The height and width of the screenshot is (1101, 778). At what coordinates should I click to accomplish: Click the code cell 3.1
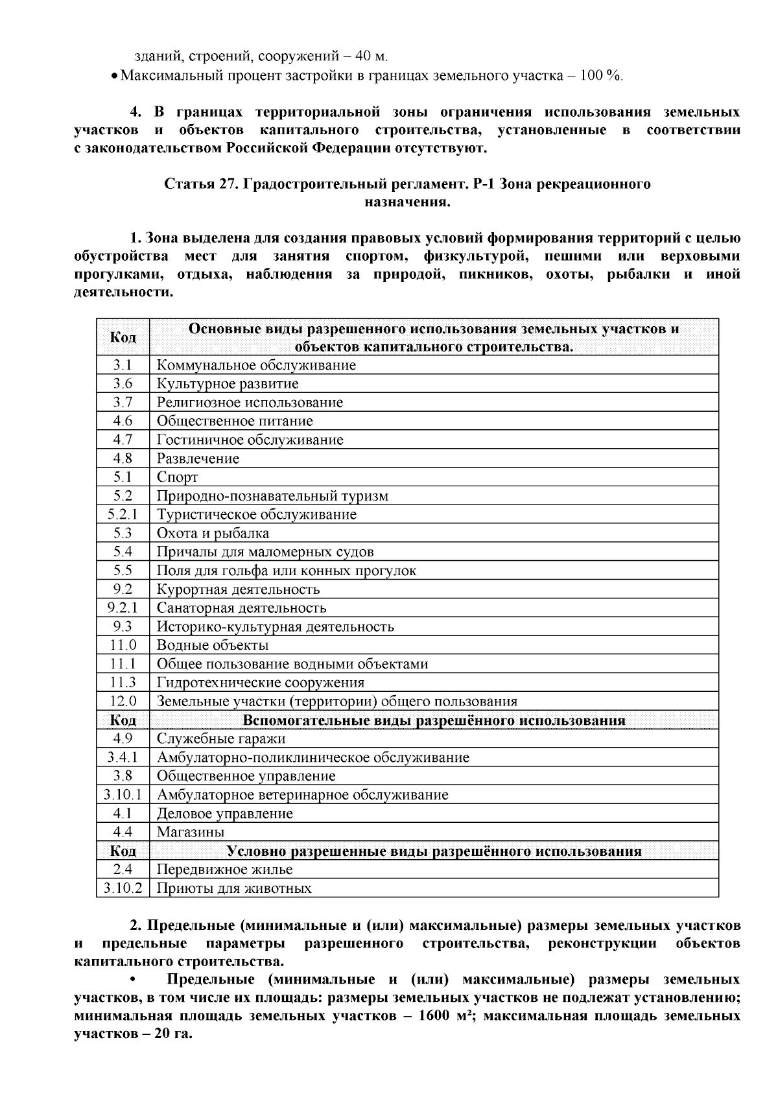(123, 365)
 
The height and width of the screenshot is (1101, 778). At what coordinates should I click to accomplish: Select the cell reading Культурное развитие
(228, 384)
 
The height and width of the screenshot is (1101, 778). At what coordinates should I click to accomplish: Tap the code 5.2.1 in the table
(123, 515)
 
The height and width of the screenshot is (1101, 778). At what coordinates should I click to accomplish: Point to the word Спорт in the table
(177, 477)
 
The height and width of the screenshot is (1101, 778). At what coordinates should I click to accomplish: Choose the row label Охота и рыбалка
(213, 534)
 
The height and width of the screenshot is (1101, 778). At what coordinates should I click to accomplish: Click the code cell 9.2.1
(123, 608)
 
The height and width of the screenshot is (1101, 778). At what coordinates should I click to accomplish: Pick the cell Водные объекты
(213, 645)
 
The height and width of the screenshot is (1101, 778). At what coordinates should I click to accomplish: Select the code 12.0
(123, 701)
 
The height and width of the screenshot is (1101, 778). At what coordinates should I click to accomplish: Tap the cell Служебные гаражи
(221, 739)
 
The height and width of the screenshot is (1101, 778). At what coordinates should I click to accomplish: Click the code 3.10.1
(123, 795)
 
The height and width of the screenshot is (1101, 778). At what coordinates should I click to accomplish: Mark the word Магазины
(191, 832)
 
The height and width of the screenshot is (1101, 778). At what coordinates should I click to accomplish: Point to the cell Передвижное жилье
(225, 870)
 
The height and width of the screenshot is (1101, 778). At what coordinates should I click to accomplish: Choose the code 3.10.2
(123, 888)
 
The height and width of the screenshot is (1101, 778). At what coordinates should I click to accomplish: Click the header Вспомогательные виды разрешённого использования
(434, 720)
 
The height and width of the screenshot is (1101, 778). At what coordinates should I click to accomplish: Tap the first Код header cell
(123, 337)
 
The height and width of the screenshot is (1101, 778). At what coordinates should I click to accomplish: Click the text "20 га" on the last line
(172, 1034)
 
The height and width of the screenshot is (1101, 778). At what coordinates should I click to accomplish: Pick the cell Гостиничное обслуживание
(250, 440)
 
